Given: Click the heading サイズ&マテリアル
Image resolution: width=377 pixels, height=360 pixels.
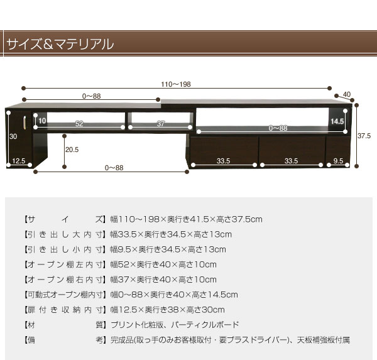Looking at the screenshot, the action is pyautogui.click(x=60, y=44).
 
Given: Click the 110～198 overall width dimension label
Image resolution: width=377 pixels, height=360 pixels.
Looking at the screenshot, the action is pyautogui.click(x=176, y=84).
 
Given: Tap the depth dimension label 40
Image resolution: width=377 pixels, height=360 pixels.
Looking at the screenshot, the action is pyautogui.click(x=347, y=94).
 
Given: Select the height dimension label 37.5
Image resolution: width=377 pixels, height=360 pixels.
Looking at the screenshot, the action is pyautogui.click(x=364, y=136).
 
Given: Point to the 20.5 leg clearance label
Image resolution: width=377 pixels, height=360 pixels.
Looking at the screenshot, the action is pyautogui.click(x=72, y=150).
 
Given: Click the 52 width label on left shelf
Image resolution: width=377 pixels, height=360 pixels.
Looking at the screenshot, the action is pyautogui.click(x=79, y=124).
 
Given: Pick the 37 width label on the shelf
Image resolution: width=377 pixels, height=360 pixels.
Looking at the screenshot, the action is pyautogui.click(x=161, y=124).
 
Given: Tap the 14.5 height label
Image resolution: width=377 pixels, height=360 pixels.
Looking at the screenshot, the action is pyautogui.click(x=337, y=121).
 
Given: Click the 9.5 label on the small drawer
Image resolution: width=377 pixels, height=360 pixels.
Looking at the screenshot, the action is pyautogui.click(x=338, y=161).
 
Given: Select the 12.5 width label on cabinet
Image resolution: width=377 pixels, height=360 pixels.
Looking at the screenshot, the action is pyautogui.click(x=18, y=161).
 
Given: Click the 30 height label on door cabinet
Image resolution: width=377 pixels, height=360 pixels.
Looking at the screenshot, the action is pyautogui.click(x=13, y=136).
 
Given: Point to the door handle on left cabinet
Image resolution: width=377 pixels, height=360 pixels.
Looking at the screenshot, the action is pyautogui.click(x=25, y=121).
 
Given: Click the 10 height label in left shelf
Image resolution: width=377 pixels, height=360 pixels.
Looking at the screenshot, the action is pyautogui.click(x=42, y=121).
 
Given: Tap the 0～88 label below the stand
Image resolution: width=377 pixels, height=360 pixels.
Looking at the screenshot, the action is pyautogui.click(x=114, y=168).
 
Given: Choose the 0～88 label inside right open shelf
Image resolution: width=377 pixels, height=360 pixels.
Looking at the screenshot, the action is pyautogui.click(x=278, y=128).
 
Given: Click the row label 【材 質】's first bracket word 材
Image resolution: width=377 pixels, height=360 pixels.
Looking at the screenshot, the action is pyautogui.click(x=31, y=325).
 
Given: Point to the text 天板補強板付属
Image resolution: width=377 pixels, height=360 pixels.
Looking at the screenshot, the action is pyautogui.click(x=323, y=340).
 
